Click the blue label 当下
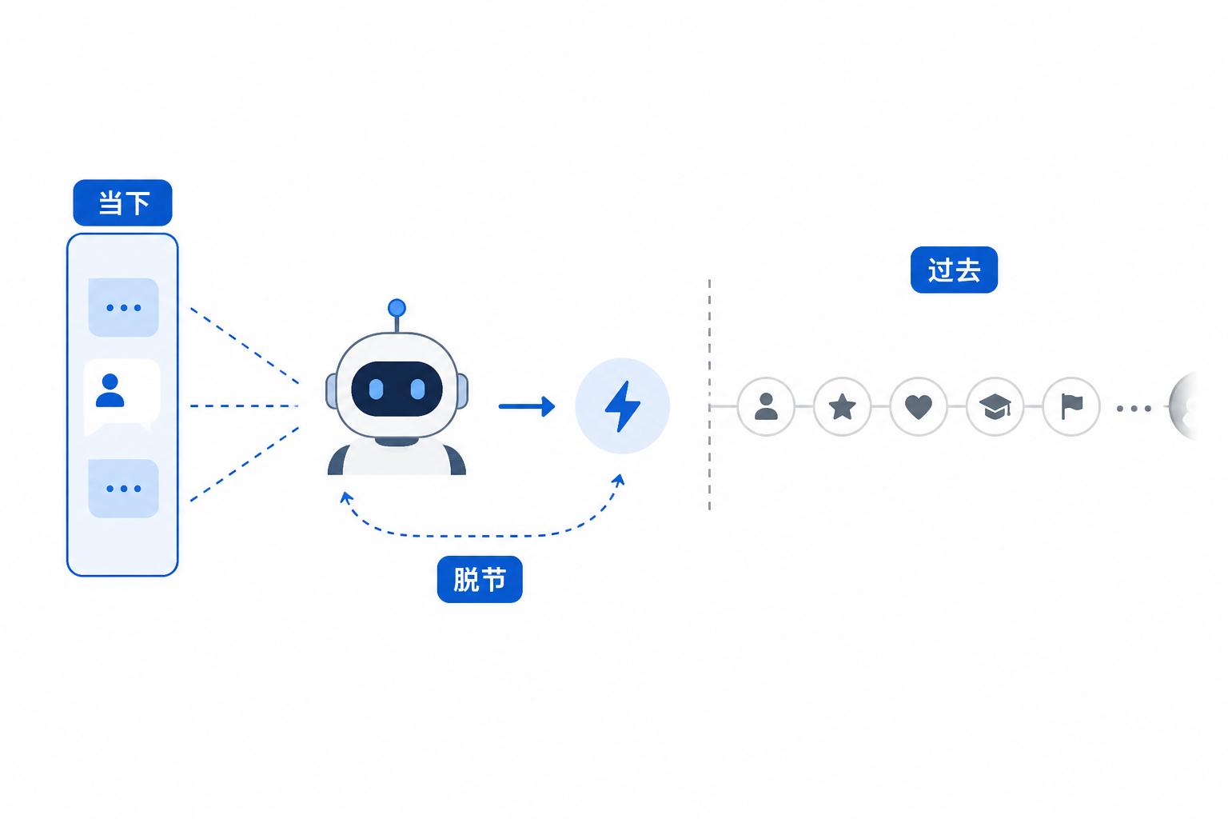(x=123, y=202)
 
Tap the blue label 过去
(x=954, y=270)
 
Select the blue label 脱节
(x=480, y=579)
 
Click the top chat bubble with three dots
(x=123, y=307)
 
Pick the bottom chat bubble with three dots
(x=123, y=488)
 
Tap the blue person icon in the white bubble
(x=110, y=390)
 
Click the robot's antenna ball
(x=397, y=308)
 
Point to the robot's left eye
(x=376, y=390)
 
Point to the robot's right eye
(x=418, y=390)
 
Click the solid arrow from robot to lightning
(x=527, y=406)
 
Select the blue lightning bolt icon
(x=622, y=406)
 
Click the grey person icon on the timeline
(x=766, y=406)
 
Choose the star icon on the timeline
(x=842, y=406)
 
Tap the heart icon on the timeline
(x=919, y=407)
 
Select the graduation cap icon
(x=995, y=407)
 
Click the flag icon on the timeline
(x=1071, y=406)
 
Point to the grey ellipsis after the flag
(x=1134, y=409)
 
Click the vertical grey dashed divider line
(x=709, y=395)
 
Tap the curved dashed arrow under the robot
(x=482, y=535)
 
